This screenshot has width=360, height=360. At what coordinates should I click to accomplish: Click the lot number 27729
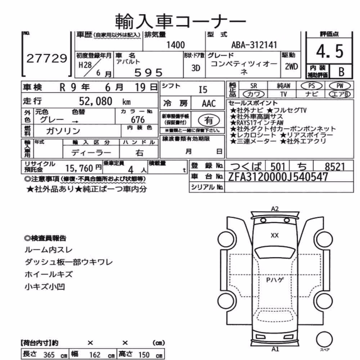click(47, 58)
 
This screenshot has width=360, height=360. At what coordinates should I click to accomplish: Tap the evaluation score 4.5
click(330, 51)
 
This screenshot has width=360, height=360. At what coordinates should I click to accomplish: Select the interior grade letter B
click(341, 72)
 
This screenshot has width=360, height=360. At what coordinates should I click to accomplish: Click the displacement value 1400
click(175, 45)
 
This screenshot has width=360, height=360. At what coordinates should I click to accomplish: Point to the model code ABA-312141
click(254, 45)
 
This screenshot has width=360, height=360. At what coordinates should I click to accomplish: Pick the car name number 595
click(148, 73)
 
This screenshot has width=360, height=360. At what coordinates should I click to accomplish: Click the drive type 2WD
click(291, 67)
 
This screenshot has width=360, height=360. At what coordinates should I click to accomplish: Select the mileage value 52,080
click(95, 101)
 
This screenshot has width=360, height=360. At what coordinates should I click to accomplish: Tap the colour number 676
click(138, 120)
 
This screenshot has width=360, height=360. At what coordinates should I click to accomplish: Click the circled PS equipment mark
click(311, 86)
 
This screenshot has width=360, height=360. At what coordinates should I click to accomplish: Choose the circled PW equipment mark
click(340, 86)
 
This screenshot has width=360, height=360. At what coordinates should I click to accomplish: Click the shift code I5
click(203, 90)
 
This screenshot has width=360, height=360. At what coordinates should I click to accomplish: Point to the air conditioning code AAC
click(209, 104)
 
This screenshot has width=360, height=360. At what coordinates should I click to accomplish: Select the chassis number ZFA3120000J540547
click(278, 177)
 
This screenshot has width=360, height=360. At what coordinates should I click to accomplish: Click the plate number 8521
click(335, 167)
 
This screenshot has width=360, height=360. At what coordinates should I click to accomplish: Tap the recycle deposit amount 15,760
click(79, 168)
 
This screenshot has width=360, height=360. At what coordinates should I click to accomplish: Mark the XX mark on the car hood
click(275, 235)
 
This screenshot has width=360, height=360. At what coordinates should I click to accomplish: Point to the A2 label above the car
click(275, 209)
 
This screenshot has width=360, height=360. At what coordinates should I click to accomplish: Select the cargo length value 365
click(49, 355)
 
